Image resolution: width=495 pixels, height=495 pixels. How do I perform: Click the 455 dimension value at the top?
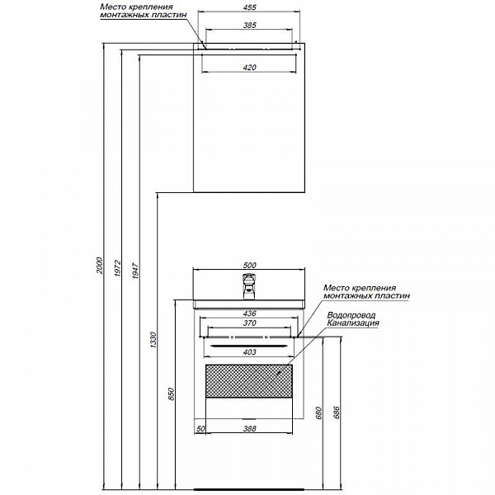click(249, 7)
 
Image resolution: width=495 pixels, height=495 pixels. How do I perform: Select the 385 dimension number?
click(249, 26)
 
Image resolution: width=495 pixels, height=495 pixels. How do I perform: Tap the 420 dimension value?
click(249, 68)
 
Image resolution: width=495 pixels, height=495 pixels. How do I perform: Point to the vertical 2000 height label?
click(100, 265)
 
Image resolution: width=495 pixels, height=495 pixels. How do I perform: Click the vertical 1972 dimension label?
click(117, 268)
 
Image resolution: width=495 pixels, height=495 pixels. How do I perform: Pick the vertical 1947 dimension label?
click(135, 271)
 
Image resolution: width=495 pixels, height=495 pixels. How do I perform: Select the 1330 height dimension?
click(153, 340)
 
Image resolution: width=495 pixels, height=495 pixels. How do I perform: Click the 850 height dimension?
click(171, 394)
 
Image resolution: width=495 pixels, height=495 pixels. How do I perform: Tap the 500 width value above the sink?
click(249, 265)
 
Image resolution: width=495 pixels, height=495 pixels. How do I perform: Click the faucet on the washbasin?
click(249, 286)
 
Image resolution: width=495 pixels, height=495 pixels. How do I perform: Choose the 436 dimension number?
click(249, 313)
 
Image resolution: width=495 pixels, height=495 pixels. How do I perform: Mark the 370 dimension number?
click(249, 323)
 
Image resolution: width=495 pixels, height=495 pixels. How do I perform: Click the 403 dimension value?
click(249, 352)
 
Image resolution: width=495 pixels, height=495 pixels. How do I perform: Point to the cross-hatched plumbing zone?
click(249, 381)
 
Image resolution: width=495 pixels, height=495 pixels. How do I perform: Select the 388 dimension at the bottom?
click(249, 429)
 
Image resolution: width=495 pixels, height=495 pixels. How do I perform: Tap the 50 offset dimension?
click(200, 429)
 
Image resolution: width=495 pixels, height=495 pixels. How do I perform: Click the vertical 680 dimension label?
click(318, 413)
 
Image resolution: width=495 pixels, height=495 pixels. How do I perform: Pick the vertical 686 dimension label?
click(337, 413)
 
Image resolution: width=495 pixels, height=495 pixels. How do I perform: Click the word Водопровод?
click(351, 315)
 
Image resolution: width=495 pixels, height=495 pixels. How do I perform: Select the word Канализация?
click(353, 323)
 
